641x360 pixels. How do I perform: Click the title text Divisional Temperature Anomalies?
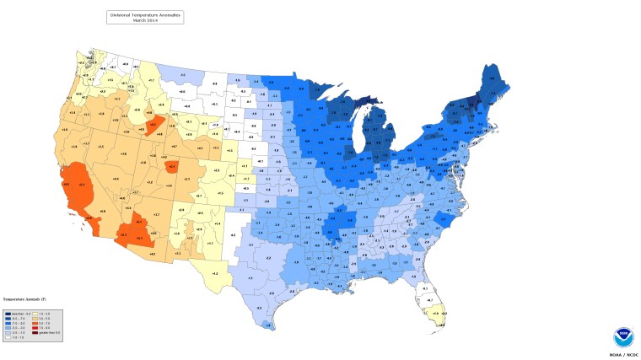tap(145, 14)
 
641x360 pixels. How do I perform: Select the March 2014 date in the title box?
tap(145, 20)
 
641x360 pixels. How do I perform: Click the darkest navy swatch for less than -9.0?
tap(8, 314)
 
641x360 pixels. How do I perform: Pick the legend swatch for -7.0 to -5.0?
tap(8, 323)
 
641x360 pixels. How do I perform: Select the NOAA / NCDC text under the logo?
tap(621, 355)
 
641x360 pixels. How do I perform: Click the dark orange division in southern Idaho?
tap(154, 127)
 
